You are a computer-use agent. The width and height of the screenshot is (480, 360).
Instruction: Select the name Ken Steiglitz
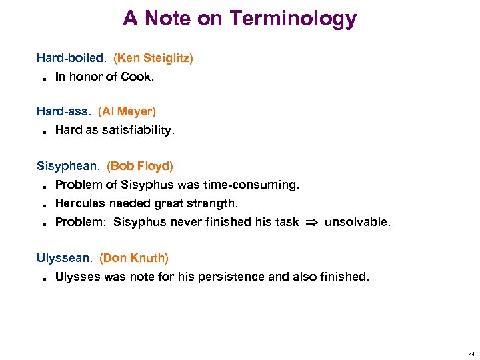tap(153, 58)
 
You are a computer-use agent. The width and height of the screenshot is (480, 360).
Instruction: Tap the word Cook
tap(137, 77)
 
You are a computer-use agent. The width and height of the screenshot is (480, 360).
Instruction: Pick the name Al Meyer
tap(127, 111)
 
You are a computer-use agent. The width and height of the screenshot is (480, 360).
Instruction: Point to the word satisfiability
tap(138, 130)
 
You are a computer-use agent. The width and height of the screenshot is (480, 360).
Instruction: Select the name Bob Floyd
tap(140, 165)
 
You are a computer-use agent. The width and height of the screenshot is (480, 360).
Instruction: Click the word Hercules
tap(79, 203)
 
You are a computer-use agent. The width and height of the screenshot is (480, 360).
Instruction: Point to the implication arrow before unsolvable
tap(311, 222)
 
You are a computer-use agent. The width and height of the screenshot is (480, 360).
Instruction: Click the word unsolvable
tap(357, 222)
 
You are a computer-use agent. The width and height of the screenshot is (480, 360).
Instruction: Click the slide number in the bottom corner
tap(471, 354)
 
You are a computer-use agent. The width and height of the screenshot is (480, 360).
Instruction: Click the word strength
tap(215, 203)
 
